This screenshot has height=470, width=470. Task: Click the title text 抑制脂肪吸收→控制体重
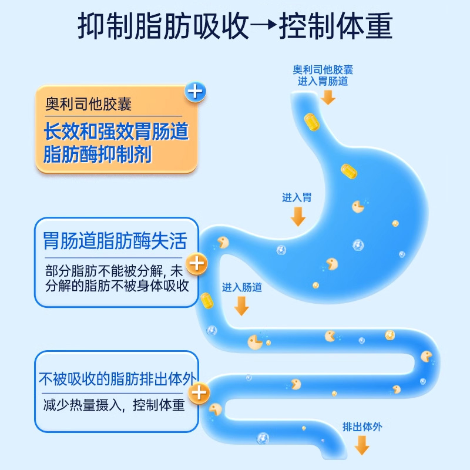[235, 28]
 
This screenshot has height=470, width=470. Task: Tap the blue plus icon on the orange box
[196, 92]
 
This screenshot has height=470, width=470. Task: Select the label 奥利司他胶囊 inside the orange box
[89, 105]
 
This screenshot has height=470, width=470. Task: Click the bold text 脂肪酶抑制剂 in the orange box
[98, 155]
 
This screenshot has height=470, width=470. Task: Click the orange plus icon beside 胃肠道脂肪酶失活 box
[196, 264]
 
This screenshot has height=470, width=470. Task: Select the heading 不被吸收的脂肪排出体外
[116, 378]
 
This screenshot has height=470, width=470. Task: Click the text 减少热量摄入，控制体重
[114, 405]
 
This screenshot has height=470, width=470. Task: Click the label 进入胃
[297, 198]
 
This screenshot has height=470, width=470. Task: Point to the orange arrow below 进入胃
[298, 216]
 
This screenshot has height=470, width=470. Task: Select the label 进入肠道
[242, 287]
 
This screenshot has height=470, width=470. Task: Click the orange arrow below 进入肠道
[241, 305]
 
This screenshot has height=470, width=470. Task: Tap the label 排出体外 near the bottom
[362, 427]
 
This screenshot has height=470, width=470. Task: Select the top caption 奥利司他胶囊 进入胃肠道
[323, 75]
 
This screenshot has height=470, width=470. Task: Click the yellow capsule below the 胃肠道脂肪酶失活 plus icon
[206, 300]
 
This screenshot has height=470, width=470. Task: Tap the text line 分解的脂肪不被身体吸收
[116, 286]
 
